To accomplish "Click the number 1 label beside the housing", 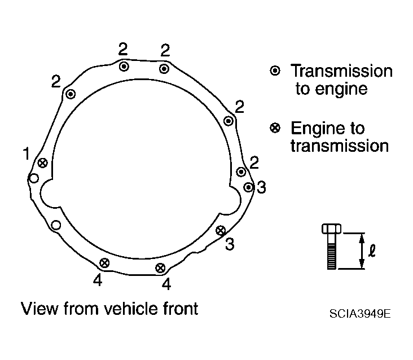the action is [x=27, y=153].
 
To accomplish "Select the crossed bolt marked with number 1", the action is [x=43, y=163].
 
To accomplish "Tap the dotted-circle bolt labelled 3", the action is [x=248, y=187].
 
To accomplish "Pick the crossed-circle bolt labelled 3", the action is [x=221, y=231].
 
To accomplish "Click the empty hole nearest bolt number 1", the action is [x=34, y=178].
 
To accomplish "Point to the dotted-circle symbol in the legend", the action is [x=275, y=71].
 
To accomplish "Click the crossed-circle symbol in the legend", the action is [x=275, y=128].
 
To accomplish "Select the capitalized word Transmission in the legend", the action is [x=341, y=71].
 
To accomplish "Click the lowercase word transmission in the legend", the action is [x=340, y=146].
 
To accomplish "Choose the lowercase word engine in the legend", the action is [x=341, y=90].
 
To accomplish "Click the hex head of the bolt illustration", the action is [x=331, y=229].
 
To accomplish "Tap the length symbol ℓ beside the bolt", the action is [x=372, y=251].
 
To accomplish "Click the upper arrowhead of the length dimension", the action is [x=362, y=238].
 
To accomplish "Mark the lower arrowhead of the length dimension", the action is [x=362, y=264].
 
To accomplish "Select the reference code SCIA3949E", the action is [x=360, y=314].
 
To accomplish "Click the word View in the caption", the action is [x=39, y=309].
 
